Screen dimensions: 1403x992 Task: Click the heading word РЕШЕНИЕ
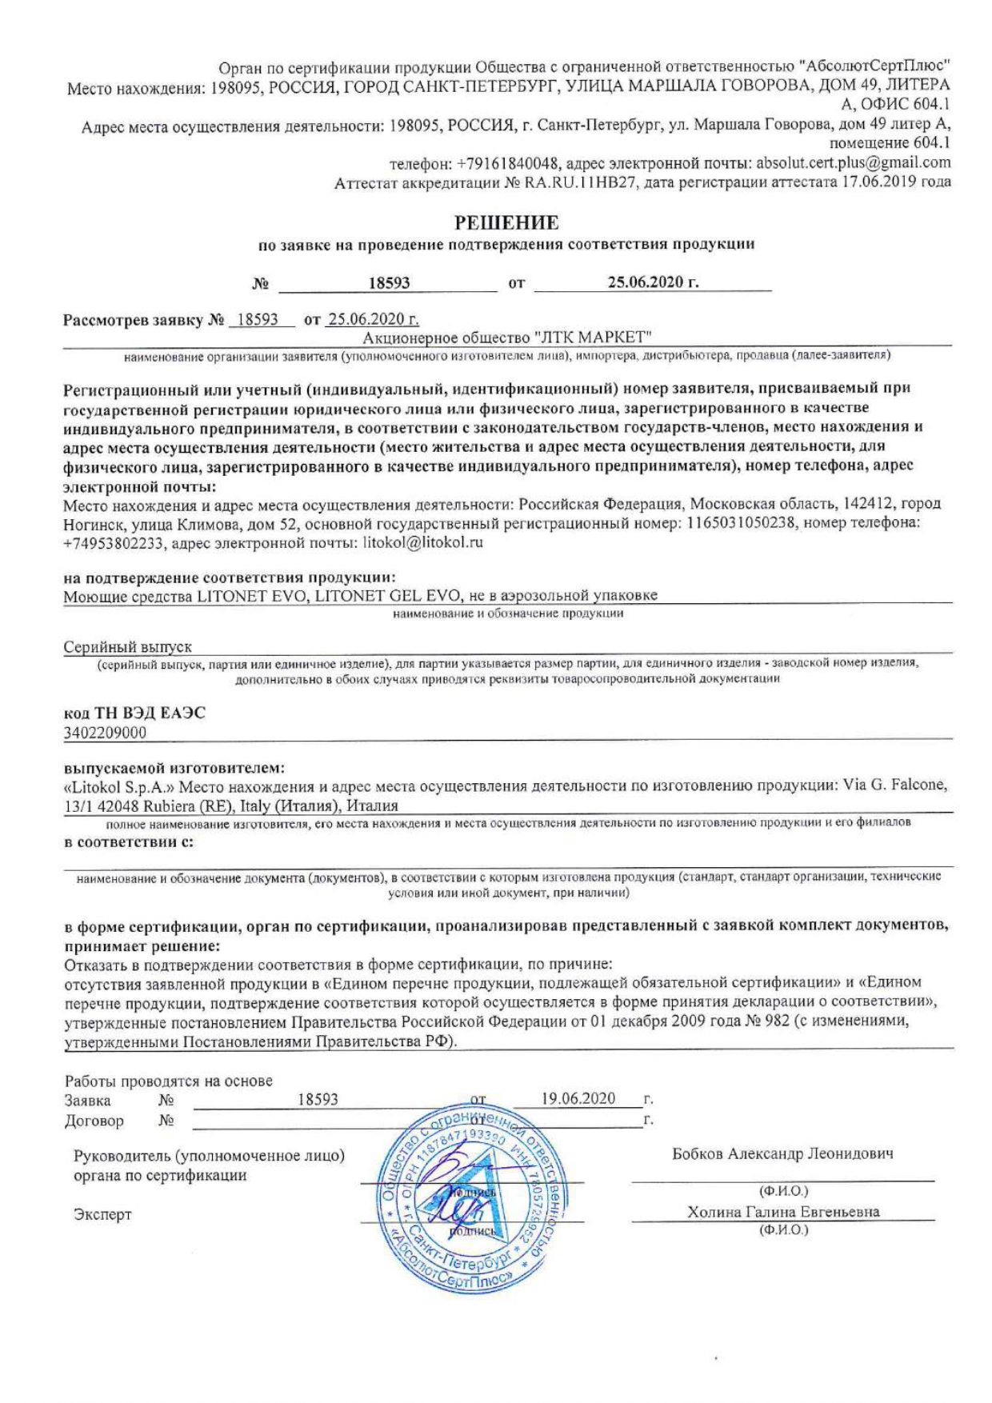pyautogui.click(x=506, y=222)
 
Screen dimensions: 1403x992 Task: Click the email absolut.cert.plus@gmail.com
pyautogui.click(x=854, y=162)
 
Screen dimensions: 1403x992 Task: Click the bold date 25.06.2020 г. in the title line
pyautogui.click(x=653, y=282)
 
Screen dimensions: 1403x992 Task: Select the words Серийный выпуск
pyautogui.click(x=127, y=646)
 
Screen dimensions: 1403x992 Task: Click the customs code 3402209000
pyautogui.click(x=105, y=732)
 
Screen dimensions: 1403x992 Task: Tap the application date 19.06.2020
pyautogui.click(x=578, y=1098)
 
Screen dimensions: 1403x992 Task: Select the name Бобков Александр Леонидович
pyautogui.click(x=782, y=1153)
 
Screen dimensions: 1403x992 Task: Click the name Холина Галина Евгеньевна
pyautogui.click(x=783, y=1212)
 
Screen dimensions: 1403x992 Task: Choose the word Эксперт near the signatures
pyautogui.click(x=102, y=1214)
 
